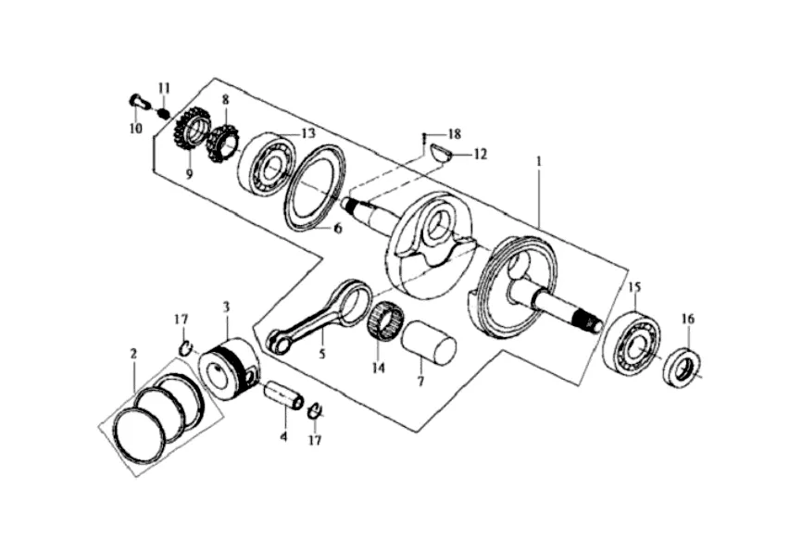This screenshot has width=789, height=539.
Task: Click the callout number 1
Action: pyautogui.click(x=539, y=163)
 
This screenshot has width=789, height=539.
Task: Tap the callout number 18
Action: pyautogui.click(x=455, y=134)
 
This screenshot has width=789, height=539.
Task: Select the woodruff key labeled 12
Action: pyautogui.click(x=440, y=153)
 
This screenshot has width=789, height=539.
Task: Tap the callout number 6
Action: pyautogui.click(x=338, y=228)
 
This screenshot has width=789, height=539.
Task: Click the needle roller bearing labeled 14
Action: pyautogui.click(x=387, y=320)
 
